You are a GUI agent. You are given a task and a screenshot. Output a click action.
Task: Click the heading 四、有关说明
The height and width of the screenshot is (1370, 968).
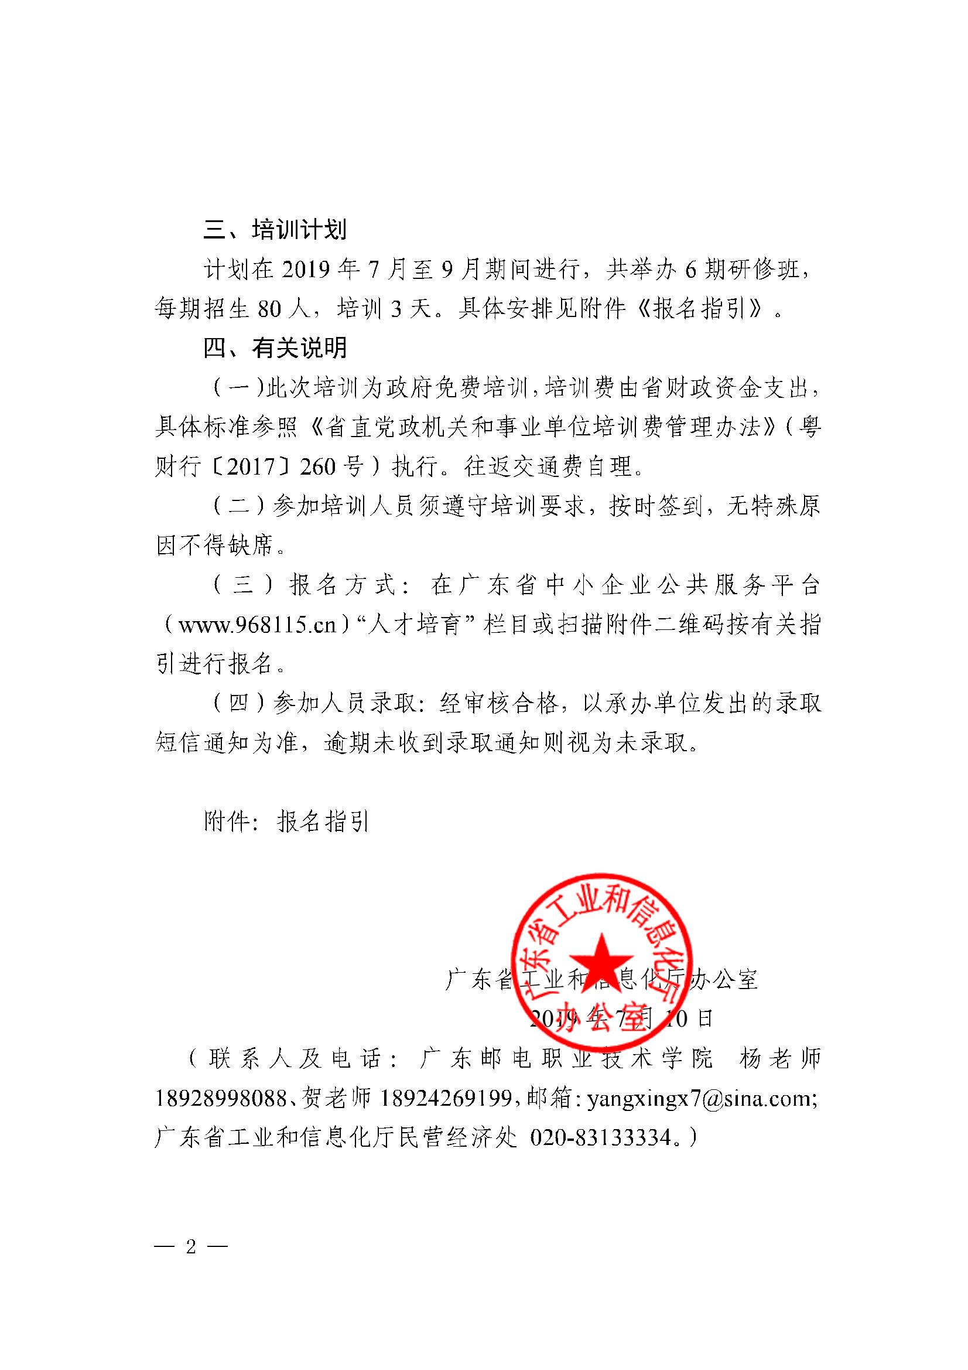(275, 348)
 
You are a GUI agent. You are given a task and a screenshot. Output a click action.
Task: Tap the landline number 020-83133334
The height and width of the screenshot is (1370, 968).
(601, 1138)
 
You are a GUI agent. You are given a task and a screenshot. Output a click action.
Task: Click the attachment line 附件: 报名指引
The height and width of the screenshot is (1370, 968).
(287, 822)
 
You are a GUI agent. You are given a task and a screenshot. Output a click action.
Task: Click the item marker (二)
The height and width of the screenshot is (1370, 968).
(238, 507)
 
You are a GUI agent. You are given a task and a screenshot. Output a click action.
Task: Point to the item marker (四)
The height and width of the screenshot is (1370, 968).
(238, 704)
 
